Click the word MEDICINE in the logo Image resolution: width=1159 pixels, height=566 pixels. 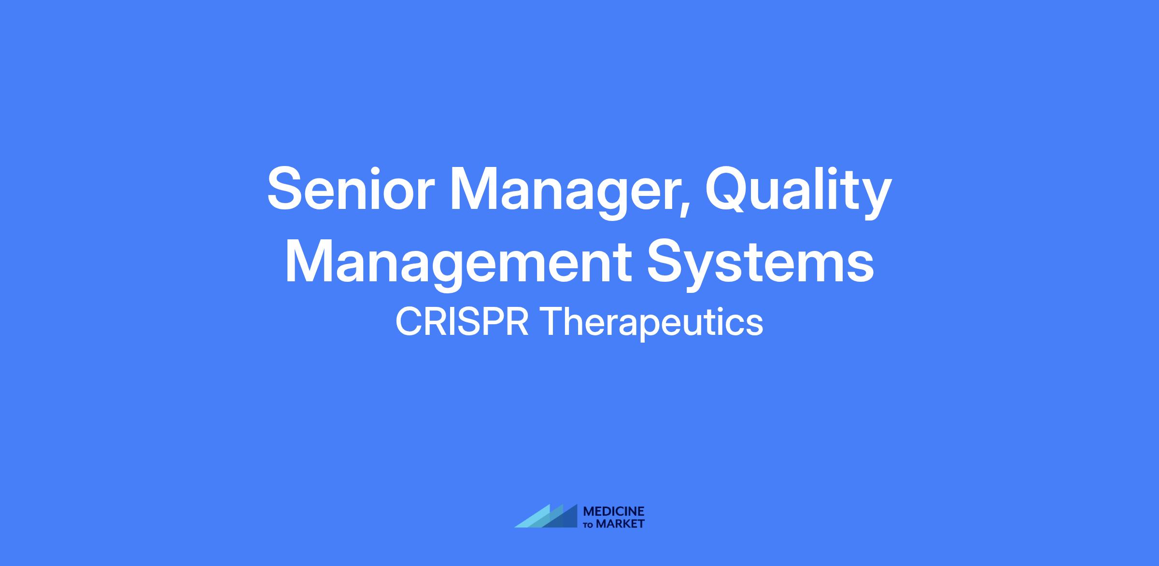tap(614, 511)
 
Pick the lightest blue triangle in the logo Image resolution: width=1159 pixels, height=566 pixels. tap(534, 519)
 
